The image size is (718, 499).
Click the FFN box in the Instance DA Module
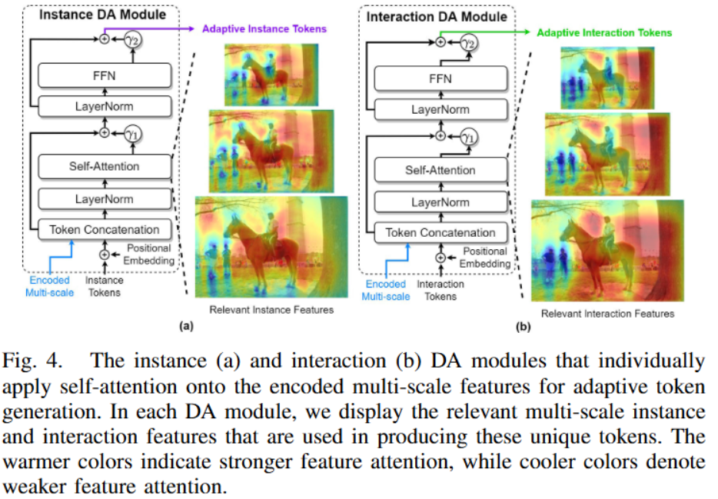pos(104,75)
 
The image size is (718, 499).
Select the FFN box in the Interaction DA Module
pos(440,79)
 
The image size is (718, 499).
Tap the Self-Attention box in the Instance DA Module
pos(104,167)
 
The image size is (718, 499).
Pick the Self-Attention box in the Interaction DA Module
pos(440,170)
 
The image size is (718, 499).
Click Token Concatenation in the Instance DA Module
pos(104,229)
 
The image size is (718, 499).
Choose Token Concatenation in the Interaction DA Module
pos(440,232)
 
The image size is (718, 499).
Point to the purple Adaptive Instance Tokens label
pos(264,29)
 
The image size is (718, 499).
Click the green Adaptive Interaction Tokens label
pos(604,32)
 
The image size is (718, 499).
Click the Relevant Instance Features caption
pos(271,310)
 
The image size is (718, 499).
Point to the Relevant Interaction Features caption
pos(607,314)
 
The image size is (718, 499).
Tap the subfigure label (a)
pos(185,327)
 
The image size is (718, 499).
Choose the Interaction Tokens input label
pos(440,290)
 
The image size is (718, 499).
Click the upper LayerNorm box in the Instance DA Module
pos(104,107)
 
